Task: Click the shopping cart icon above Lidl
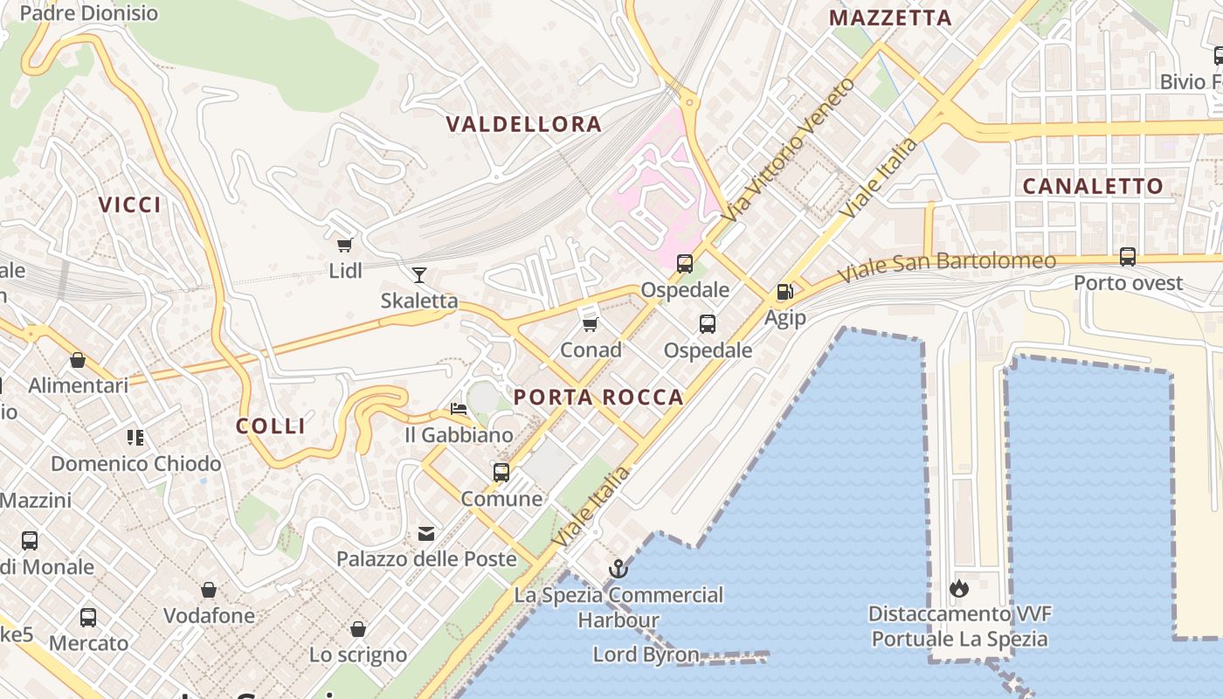pyautogui.click(x=345, y=245)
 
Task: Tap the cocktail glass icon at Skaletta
pyautogui.click(x=419, y=275)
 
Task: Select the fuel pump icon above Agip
pyautogui.click(x=784, y=292)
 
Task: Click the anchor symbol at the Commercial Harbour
pyautogui.click(x=618, y=569)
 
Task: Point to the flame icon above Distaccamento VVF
pyautogui.click(x=959, y=588)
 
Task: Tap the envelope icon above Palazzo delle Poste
pyautogui.click(x=426, y=533)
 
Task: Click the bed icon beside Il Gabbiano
pyautogui.click(x=459, y=408)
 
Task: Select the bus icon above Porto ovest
pyautogui.click(x=1128, y=257)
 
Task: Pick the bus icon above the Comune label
pyautogui.click(x=501, y=473)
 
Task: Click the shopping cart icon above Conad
pyautogui.click(x=591, y=324)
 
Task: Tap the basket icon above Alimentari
pyautogui.click(x=78, y=359)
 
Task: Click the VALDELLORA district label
pyautogui.click(x=524, y=124)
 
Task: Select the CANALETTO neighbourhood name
pyautogui.click(x=1093, y=186)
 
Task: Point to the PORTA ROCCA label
pyautogui.click(x=598, y=398)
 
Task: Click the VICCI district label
pyautogui.click(x=130, y=205)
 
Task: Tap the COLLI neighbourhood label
pyautogui.click(x=271, y=426)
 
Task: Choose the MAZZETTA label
pyautogui.click(x=890, y=18)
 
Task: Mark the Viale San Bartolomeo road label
pyautogui.click(x=947, y=266)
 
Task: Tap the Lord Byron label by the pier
pyautogui.click(x=646, y=654)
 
